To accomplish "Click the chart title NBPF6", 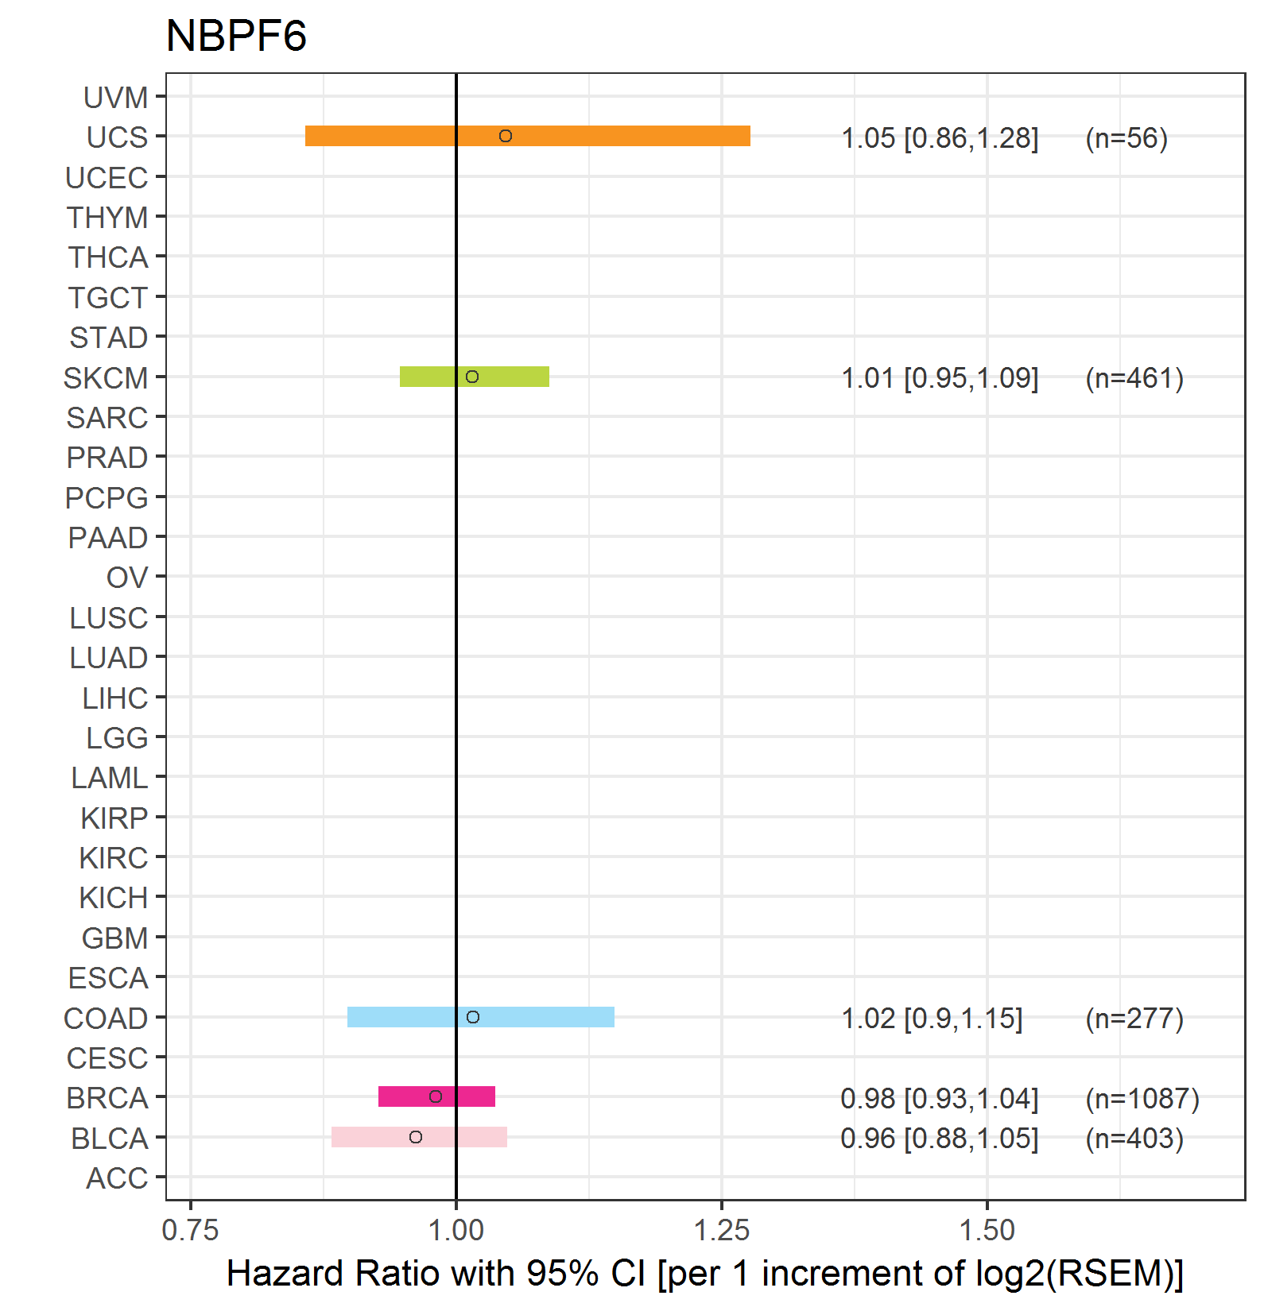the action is (x=236, y=36).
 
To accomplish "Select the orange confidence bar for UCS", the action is (x=528, y=136).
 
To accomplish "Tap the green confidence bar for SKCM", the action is (x=475, y=377).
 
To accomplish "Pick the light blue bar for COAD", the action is (x=481, y=1017).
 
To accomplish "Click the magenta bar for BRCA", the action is (x=436, y=1096).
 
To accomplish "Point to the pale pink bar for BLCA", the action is (x=419, y=1137).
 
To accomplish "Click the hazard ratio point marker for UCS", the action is (x=506, y=136).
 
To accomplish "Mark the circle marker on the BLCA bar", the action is (x=416, y=1137).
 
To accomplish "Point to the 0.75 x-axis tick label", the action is (x=190, y=1230).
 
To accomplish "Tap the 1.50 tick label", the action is (x=987, y=1230).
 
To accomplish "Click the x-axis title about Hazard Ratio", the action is (x=705, y=1274).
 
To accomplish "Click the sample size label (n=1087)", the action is (x=1142, y=1098).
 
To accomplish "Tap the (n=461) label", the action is (x=1134, y=378).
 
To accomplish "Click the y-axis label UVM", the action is (x=116, y=98).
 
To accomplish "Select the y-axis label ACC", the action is (x=117, y=1178).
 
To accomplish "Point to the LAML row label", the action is (x=110, y=778).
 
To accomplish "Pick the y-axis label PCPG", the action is (x=107, y=498).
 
